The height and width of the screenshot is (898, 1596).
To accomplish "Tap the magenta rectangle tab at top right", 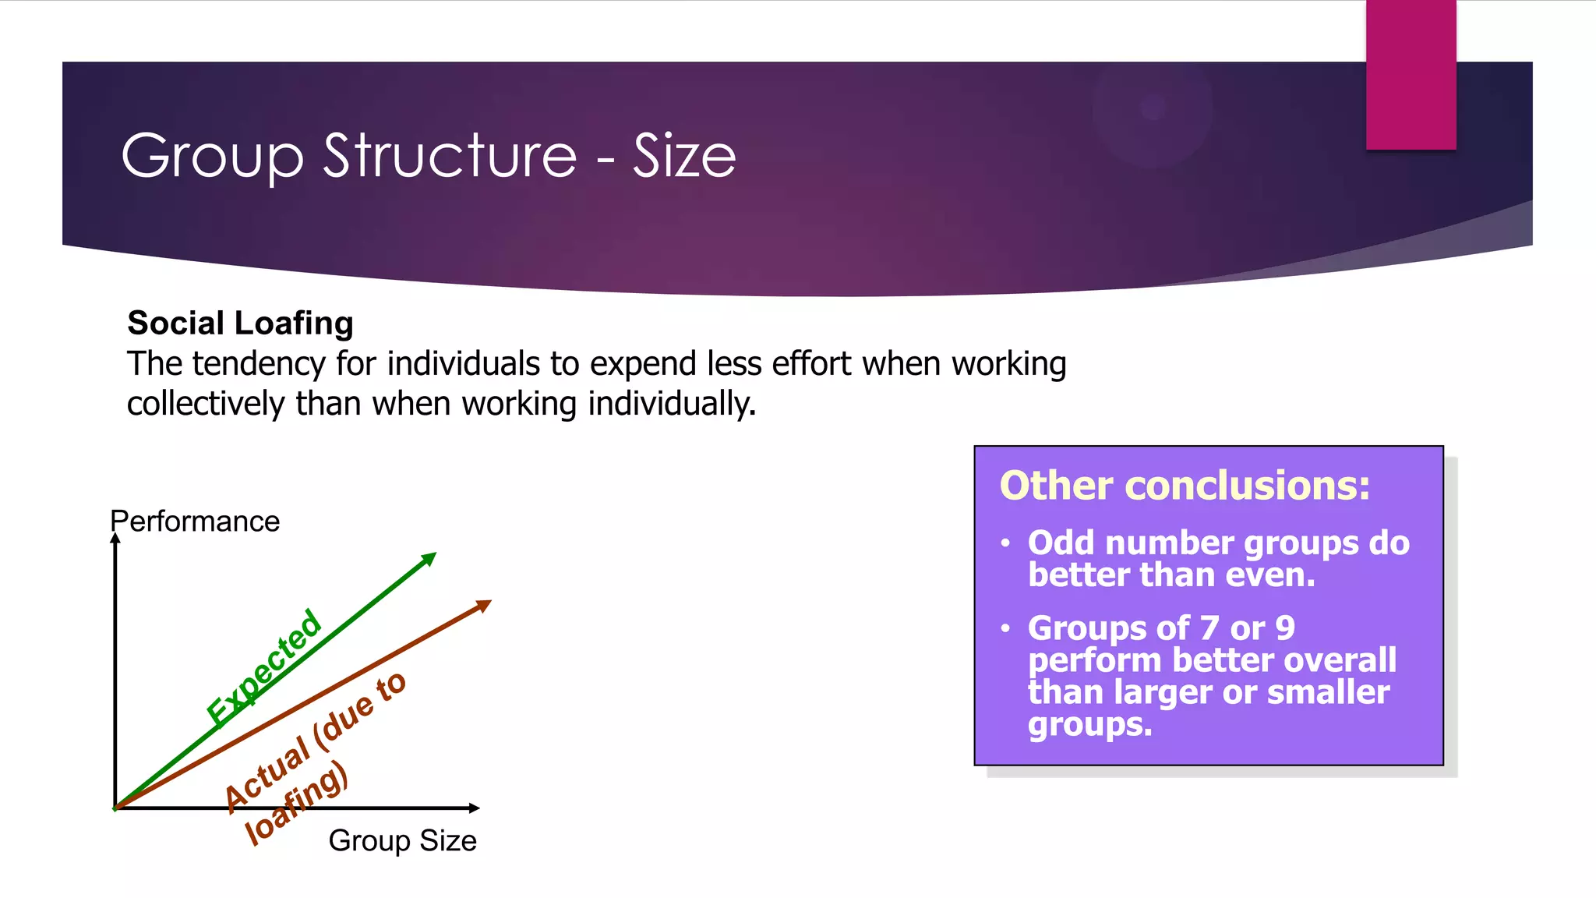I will tap(1411, 75).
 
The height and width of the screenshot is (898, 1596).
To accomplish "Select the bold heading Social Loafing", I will tap(240, 323).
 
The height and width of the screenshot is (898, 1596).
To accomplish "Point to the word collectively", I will tap(206, 404).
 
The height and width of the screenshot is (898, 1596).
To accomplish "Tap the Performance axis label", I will tap(195, 521).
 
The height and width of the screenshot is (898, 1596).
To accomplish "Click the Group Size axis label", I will tap(402, 840).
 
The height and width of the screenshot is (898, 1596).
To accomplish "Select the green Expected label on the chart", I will tap(263, 666).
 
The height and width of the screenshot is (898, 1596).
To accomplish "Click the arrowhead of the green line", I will tap(429, 558).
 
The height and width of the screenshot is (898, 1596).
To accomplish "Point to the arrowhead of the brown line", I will tap(484, 605).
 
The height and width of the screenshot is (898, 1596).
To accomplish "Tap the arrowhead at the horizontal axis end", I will tap(474, 808).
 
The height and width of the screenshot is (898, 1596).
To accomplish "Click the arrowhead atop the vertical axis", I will tap(115, 539).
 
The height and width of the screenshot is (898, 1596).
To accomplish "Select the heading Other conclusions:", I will tap(1185, 486).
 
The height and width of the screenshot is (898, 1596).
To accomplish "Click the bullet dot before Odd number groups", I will tap(1006, 543).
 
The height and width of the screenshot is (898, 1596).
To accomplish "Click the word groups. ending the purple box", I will tap(1089, 725).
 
